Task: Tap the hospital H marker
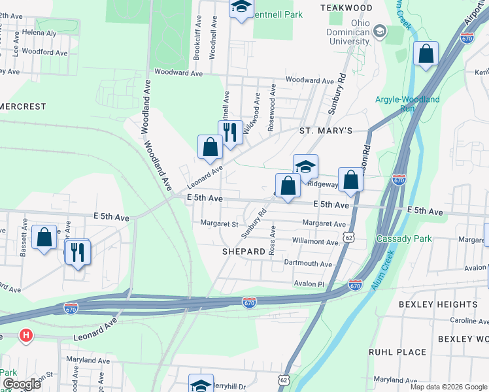[x=25, y=336]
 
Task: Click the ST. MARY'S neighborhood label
[x=326, y=131]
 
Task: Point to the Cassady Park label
[x=404, y=238]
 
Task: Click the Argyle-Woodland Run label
[x=407, y=104]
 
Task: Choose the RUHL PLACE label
[x=397, y=352]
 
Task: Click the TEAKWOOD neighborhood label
[x=346, y=7]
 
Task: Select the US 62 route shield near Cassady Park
[x=350, y=239]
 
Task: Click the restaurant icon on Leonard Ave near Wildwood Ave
[x=230, y=133]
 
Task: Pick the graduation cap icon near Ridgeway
[x=305, y=167]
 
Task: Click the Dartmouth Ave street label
[x=308, y=263]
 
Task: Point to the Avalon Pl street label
[x=309, y=284]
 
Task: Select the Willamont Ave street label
[x=316, y=242]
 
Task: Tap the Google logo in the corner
[x=22, y=384]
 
